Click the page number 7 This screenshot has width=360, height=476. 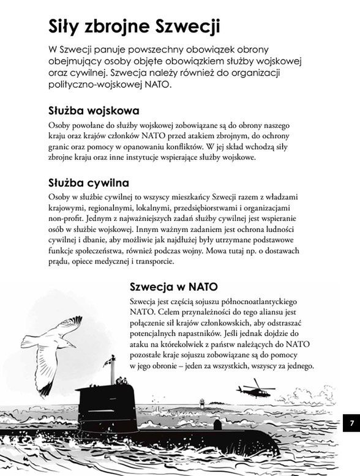pyautogui.click(x=351, y=423)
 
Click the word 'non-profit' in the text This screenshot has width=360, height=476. pyautogui.click(x=68, y=218)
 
